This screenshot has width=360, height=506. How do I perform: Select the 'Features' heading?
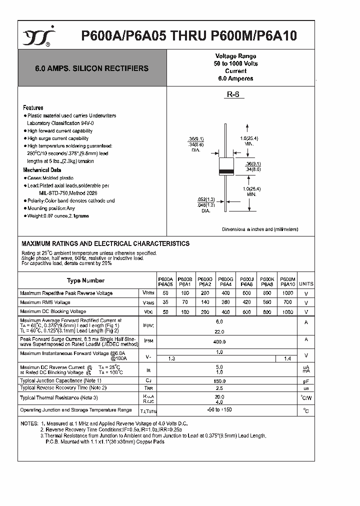33,107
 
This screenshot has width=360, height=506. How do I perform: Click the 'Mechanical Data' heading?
42,170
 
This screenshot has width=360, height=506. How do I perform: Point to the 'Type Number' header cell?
85,281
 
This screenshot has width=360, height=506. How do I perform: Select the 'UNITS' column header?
306,283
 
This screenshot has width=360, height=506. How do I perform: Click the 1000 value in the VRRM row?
287,293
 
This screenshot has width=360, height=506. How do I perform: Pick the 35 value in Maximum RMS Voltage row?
165,302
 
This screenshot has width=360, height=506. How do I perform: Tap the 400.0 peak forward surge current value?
219,341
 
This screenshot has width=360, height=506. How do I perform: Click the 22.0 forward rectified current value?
219,330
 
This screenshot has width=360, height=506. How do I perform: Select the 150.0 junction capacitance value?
219,381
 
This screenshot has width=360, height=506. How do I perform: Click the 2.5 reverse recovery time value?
219,388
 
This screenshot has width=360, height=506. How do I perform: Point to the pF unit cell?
306,381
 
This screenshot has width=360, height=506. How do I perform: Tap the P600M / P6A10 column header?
287,280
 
